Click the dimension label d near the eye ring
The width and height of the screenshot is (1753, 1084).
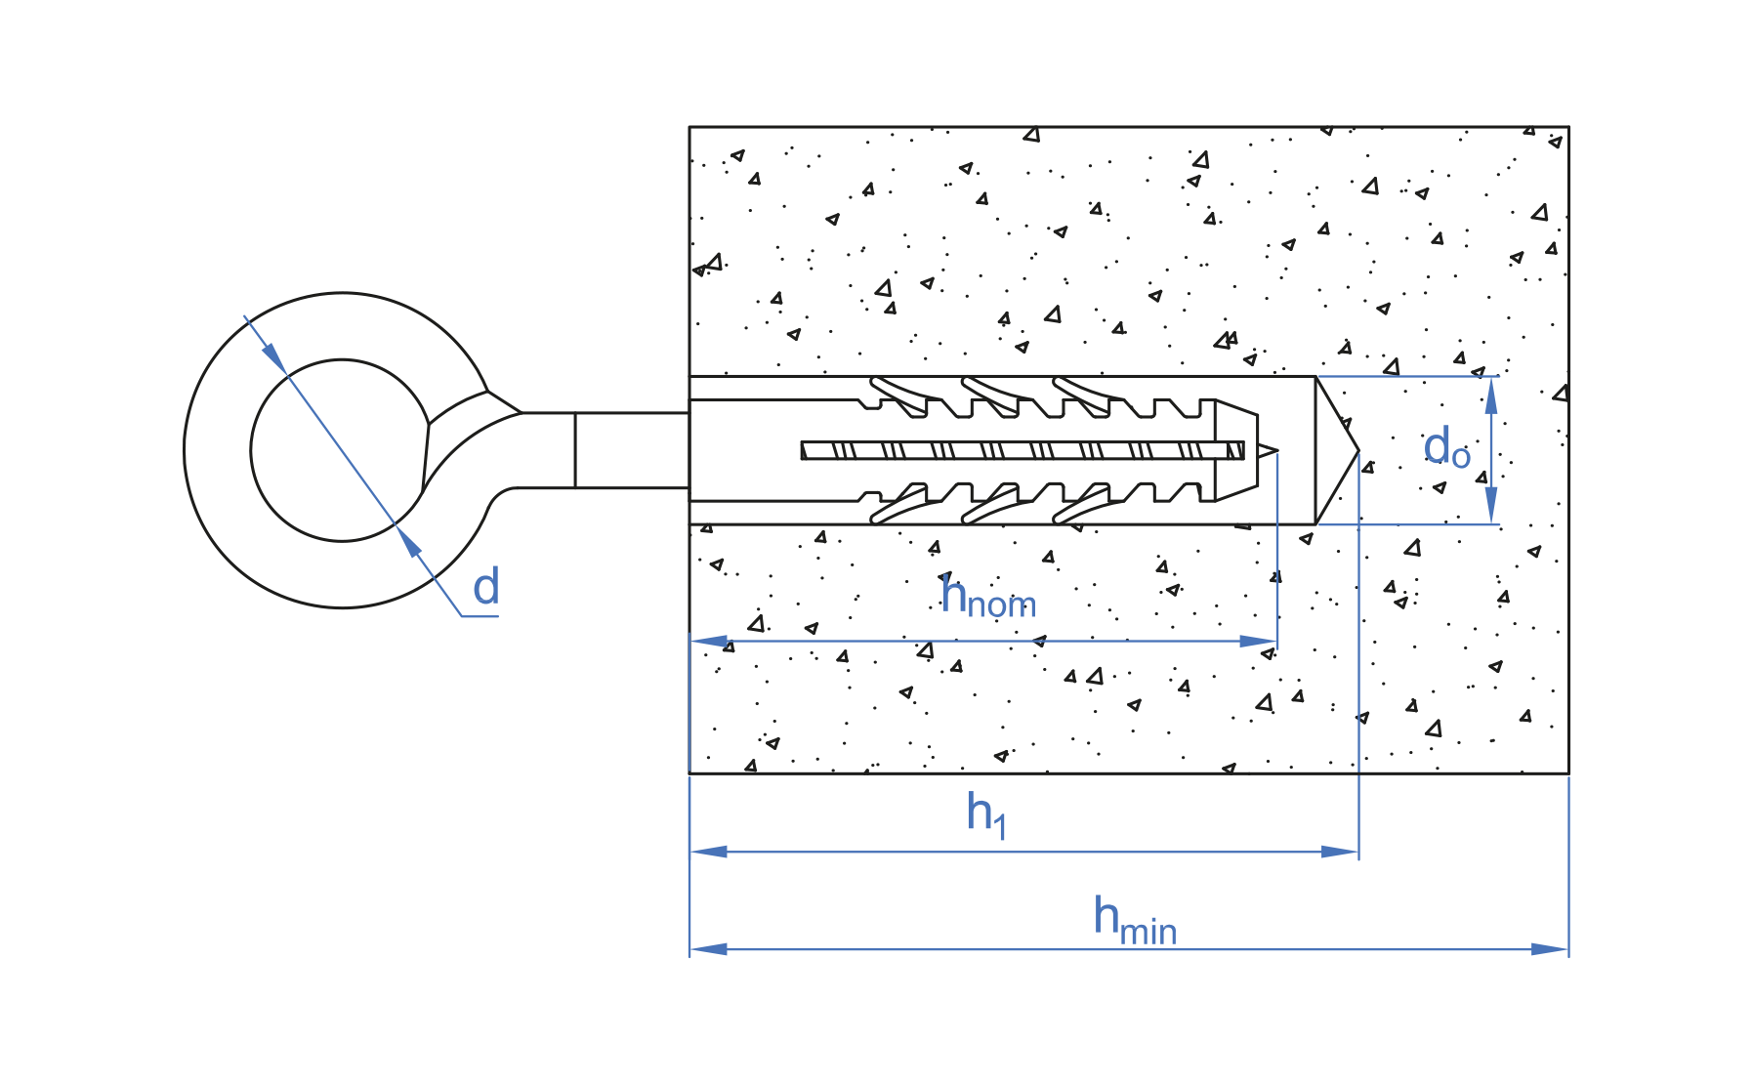click(486, 588)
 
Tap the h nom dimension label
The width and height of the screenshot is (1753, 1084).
click(987, 598)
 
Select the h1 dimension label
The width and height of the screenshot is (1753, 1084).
click(985, 814)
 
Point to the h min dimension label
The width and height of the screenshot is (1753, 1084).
click(1134, 920)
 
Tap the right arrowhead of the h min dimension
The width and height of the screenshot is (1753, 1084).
click(1550, 949)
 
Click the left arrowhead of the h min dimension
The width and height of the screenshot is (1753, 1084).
click(709, 949)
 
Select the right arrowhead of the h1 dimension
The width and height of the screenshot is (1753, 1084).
click(1340, 852)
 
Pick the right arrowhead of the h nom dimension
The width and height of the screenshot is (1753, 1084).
click(1258, 642)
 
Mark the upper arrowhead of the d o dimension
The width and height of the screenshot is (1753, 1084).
click(1491, 396)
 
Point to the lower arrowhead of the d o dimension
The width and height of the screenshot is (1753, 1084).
click(1491, 505)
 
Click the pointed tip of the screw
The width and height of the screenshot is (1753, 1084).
click(1268, 450)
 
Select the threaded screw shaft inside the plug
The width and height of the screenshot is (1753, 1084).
click(1016, 450)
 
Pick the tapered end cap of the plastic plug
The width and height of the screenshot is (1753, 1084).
click(1236, 450)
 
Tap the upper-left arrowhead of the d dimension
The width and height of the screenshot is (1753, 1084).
click(273, 357)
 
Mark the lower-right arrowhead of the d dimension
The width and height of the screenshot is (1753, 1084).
click(409, 542)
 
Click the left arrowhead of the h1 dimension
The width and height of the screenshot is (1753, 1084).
click(709, 852)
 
